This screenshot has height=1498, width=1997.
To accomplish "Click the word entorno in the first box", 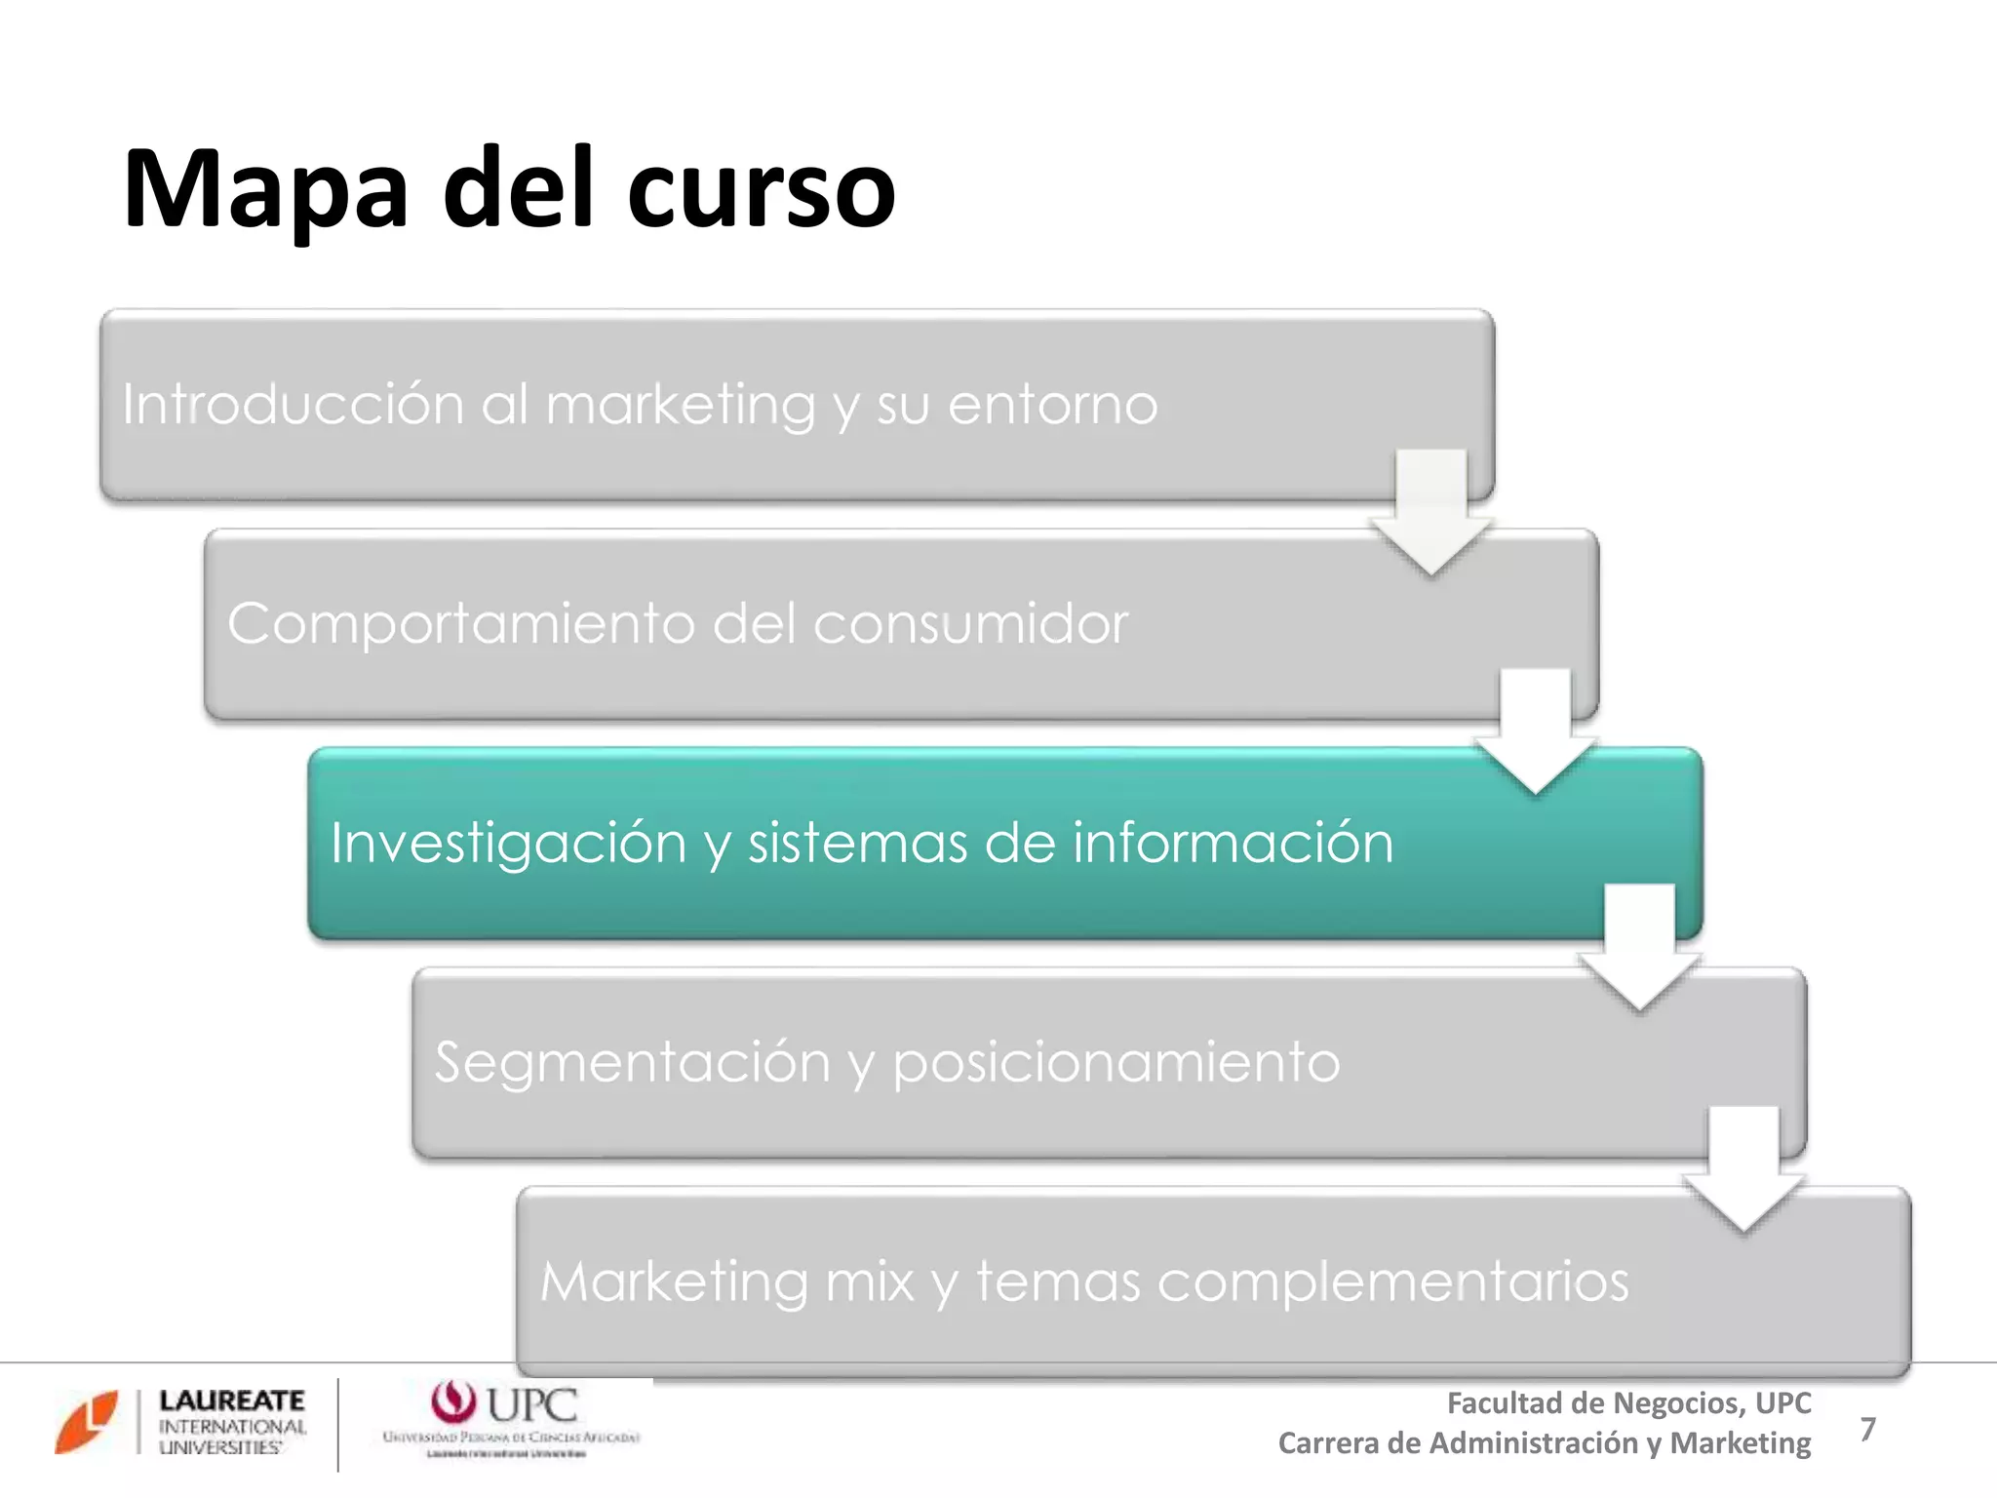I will click(x=1052, y=405).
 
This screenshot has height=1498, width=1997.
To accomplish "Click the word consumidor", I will click(x=970, y=623).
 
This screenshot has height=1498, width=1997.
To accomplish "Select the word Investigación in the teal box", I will click(x=508, y=844).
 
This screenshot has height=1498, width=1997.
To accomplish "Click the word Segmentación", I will click(x=632, y=1062).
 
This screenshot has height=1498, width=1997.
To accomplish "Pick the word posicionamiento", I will click(x=1116, y=1063).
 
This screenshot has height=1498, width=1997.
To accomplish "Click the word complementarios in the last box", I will click(x=1392, y=1282).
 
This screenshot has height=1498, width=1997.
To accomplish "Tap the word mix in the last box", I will click(x=869, y=1281).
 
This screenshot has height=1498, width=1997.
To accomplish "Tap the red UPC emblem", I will click(x=452, y=1402).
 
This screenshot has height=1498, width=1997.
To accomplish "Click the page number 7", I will click(x=1867, y=1429).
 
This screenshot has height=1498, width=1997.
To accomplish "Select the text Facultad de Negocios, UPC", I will click(x=1628, y=1403).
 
